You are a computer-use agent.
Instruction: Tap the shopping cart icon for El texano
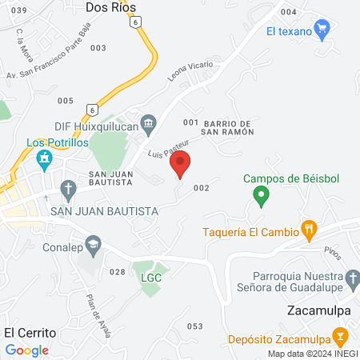[x=322, y=30]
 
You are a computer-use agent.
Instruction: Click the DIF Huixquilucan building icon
[x=149, y=122]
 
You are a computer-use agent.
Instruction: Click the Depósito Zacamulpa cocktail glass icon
[x=341, y=336]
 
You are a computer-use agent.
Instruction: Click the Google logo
[x=27, y=350]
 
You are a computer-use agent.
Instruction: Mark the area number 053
[x=194, y=326]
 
